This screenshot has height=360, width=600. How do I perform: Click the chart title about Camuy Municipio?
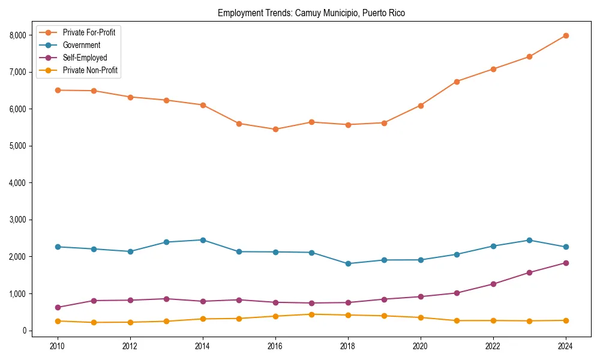311,13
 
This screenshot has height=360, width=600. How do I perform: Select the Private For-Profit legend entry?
89,32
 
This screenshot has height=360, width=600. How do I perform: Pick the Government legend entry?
81,45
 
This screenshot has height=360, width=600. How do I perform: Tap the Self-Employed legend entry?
85,58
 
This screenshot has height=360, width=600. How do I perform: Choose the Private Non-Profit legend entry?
90,70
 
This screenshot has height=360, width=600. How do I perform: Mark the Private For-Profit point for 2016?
275,129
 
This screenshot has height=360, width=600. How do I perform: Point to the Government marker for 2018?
348,263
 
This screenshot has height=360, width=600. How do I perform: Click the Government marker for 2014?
203,240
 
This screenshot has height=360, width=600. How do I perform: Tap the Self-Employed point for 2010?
58,307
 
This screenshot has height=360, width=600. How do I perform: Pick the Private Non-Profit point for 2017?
311,314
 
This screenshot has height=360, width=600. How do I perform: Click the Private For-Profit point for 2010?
58,90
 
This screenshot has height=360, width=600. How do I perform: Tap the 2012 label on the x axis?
130,346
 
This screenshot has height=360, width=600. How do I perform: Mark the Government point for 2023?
529,240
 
